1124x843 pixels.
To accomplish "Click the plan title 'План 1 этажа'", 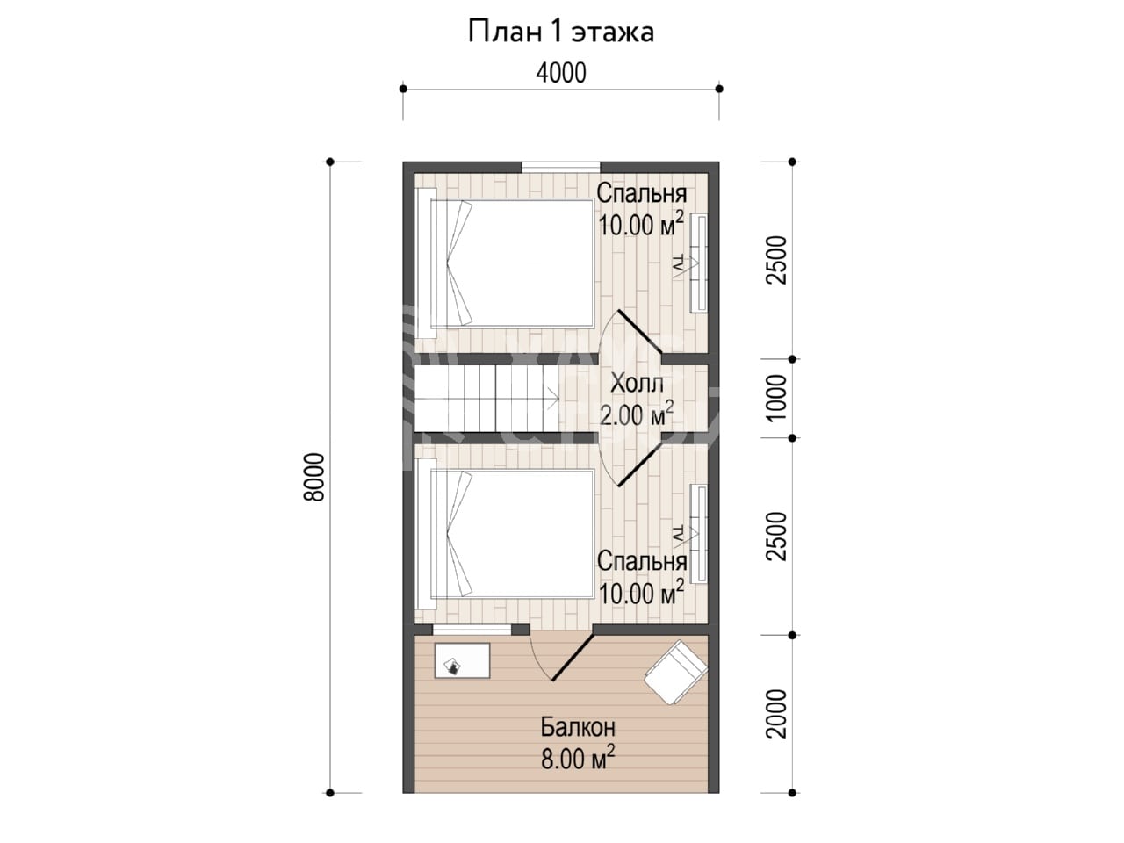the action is pos(561,32).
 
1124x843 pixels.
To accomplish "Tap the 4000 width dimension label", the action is pos(561,73).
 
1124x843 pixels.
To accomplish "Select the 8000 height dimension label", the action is pos(313,477).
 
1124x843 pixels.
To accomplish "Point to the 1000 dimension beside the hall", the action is pos(777,398).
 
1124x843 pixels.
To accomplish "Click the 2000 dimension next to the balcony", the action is pos(777,714).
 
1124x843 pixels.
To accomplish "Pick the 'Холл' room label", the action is pos(637,384).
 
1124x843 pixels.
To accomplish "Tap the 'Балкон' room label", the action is pos(578,727).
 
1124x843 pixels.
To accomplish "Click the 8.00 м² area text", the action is pos(578,758).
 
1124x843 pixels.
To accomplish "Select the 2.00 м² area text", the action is pos(637,414).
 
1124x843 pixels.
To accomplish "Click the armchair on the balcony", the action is pos(676,673).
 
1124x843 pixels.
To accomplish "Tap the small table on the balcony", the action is pos(462,660).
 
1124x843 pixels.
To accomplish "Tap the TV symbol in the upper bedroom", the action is pos(685,266).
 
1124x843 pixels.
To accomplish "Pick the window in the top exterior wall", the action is pos(561,168).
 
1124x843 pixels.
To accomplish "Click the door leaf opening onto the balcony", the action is pos(573,658).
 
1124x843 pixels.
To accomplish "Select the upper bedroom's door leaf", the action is pos(640,332).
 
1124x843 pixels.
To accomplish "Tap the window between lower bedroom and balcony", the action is pos(472,630).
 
